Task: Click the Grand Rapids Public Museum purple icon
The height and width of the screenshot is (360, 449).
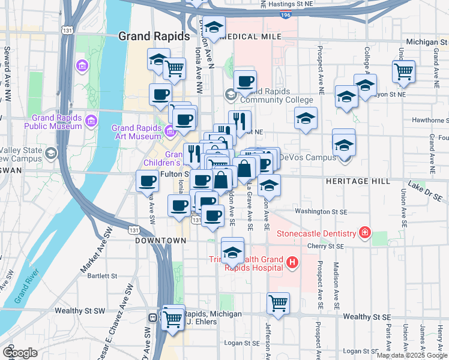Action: tap(90, 122)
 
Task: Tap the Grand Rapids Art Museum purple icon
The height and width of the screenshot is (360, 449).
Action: tap(170, 130)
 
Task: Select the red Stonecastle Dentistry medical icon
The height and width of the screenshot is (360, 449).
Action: tap(364, 232)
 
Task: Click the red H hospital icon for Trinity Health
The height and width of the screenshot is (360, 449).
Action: tap(292, 262)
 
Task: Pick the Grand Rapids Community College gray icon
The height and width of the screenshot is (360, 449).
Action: tap(230, 94)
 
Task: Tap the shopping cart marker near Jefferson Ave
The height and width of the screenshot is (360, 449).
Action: tap(278, 303)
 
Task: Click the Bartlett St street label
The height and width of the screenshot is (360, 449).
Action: tap(102, 276)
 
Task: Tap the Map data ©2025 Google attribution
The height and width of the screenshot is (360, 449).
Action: tap(411, 355)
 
